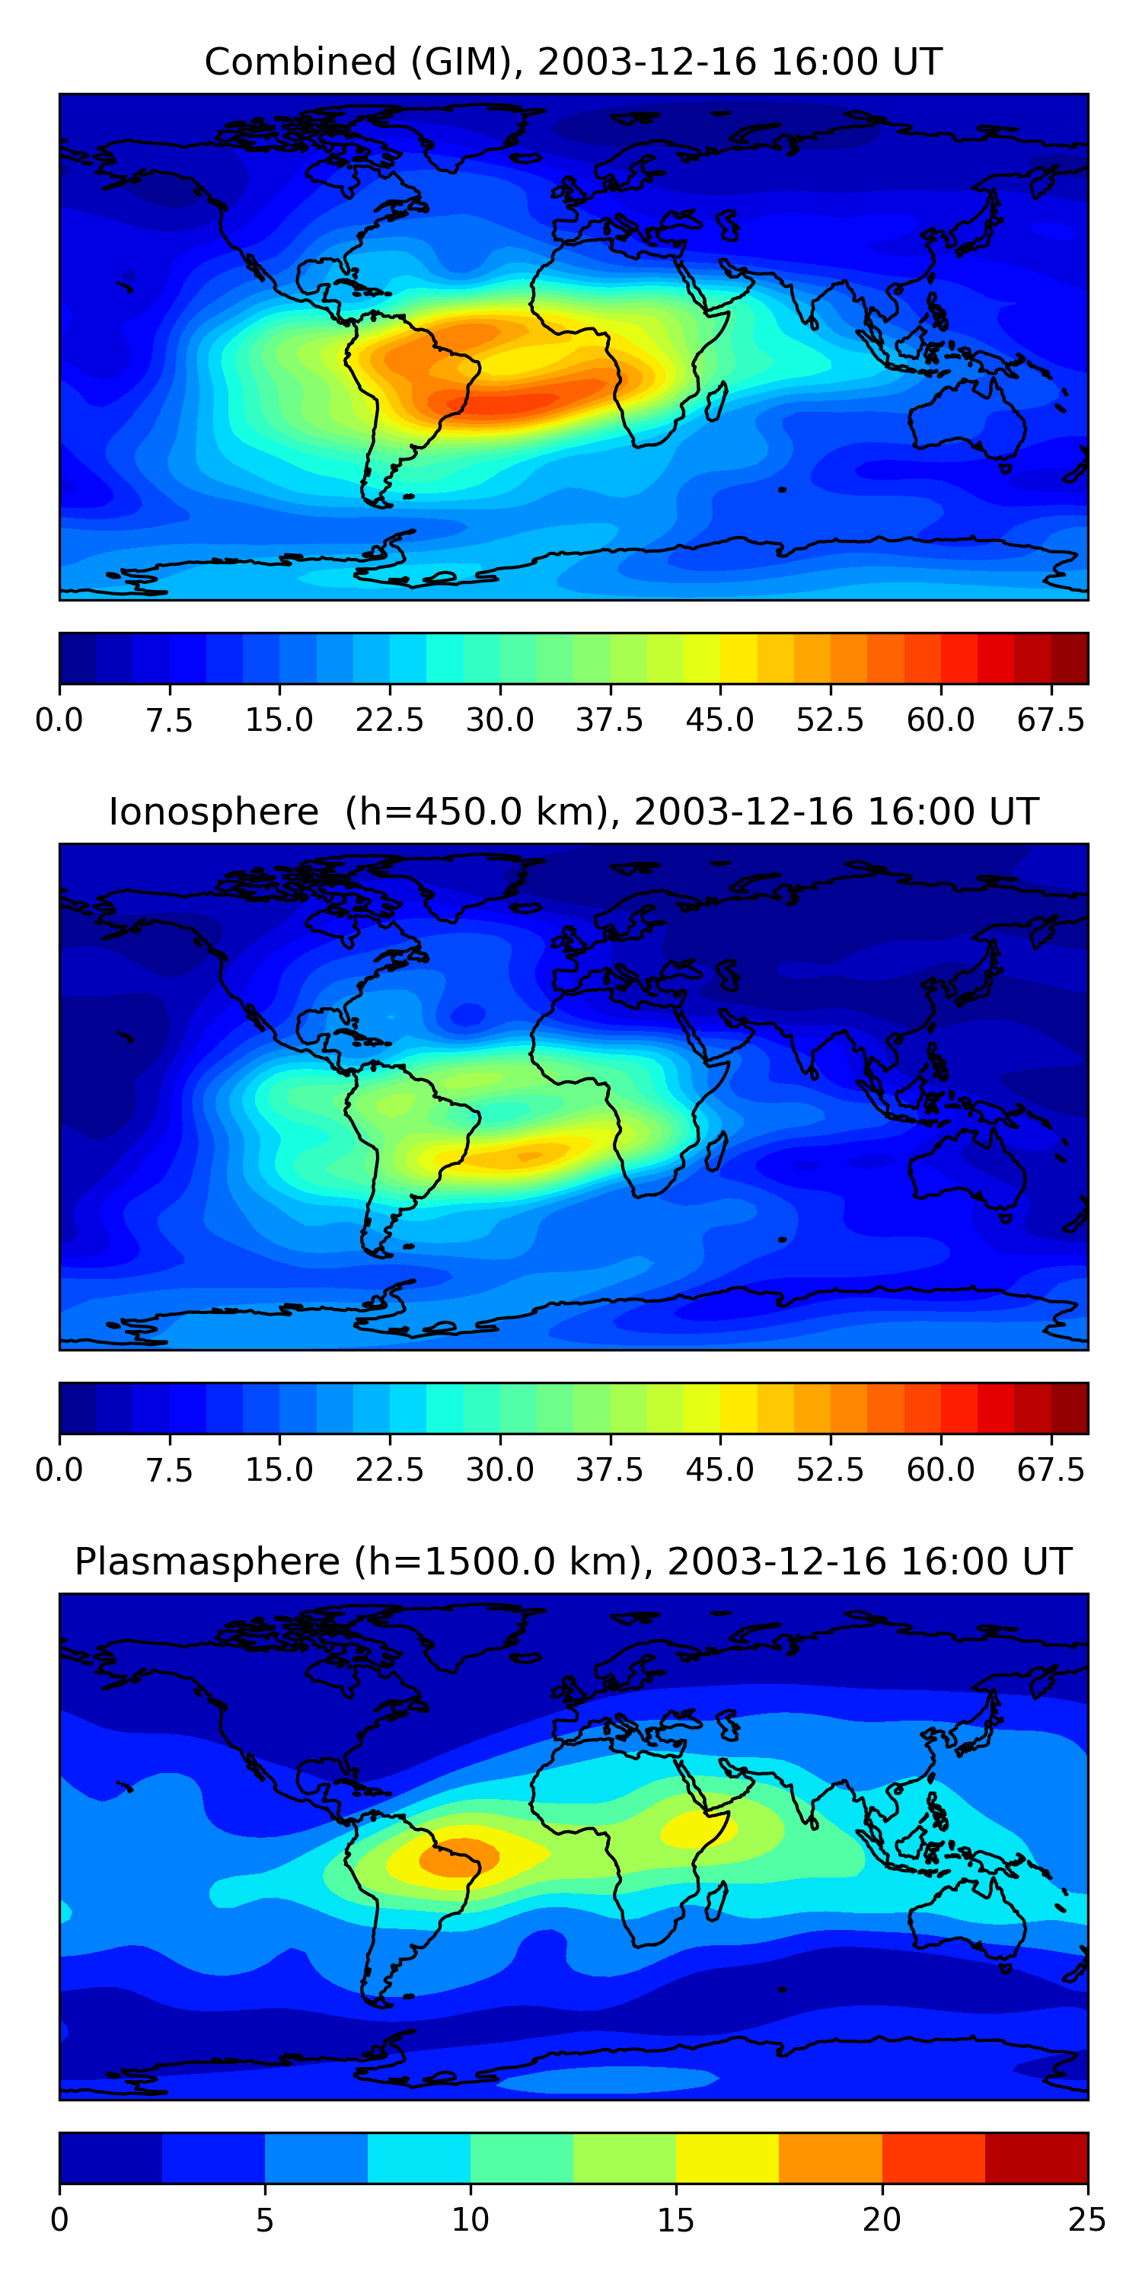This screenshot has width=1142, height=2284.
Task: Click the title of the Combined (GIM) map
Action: (573, 62)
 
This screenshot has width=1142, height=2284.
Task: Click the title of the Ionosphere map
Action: (573, 812)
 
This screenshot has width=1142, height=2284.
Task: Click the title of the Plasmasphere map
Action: (573, 1561)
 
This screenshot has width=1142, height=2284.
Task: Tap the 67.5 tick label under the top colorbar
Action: (1051, 721)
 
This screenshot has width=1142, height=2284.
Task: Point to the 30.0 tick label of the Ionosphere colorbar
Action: (500, 1470)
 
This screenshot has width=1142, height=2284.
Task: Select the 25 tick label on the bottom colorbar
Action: (1087, 2220)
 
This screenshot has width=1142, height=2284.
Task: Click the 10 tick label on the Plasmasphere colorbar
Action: (470, 2220)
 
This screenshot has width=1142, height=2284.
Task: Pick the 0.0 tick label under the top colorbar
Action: (59, 721)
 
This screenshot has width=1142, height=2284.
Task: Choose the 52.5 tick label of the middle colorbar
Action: (830, 1470)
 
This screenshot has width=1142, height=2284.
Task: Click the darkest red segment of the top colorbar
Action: (1070, 658)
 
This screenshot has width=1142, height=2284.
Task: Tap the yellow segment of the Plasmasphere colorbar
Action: (727, 2157)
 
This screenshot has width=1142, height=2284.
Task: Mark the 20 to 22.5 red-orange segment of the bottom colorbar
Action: (933, 2157)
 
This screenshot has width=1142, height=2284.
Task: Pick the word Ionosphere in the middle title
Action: (213, 812)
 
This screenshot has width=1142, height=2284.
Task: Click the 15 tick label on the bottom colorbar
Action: (675, 2220)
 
